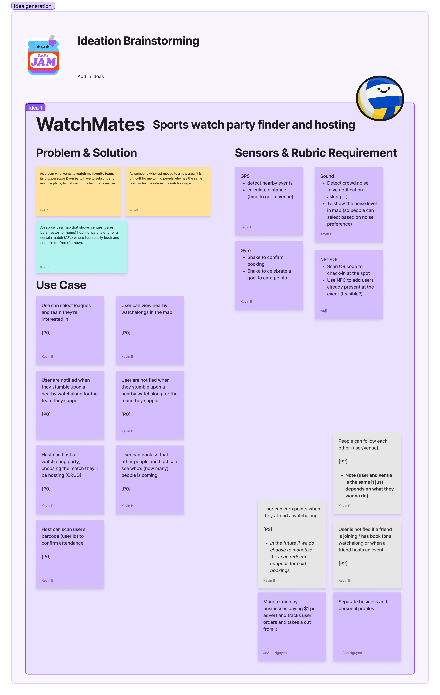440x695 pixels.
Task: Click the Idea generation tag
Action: [x=33, y=6]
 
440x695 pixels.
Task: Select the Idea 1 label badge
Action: [x=35, y=108]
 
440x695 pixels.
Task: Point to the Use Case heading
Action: [x=61, y=285]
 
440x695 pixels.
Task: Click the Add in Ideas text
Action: [x=90, y=76]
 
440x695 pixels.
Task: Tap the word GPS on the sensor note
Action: [x=245, y=176]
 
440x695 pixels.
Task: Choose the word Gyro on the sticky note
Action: [x=245, y=251]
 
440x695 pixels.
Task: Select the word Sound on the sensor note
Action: [x=327, y=176]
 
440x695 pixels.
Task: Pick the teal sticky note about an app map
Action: [x=81, y=247]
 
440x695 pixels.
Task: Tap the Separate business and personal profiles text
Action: [x=363, y=605]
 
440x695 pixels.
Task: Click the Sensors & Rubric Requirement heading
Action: [x=316, y=153]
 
